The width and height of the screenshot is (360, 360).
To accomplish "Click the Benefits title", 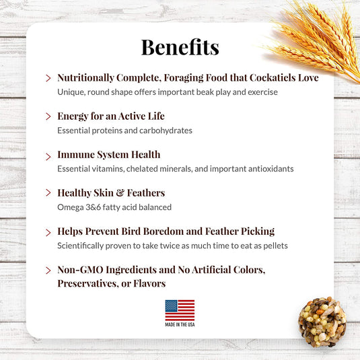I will [180, 46].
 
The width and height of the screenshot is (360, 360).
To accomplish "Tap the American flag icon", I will [180, 310].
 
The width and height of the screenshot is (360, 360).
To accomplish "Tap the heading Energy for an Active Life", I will [110, 116].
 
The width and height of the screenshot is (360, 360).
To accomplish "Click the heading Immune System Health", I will [108, 155].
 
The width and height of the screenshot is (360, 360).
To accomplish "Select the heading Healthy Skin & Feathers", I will [111, 193].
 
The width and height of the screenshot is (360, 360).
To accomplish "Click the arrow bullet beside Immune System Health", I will [48, 156].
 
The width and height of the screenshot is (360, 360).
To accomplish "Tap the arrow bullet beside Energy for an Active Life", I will [48, 118].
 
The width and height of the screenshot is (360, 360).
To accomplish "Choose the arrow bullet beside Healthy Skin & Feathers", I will [48, 194].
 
